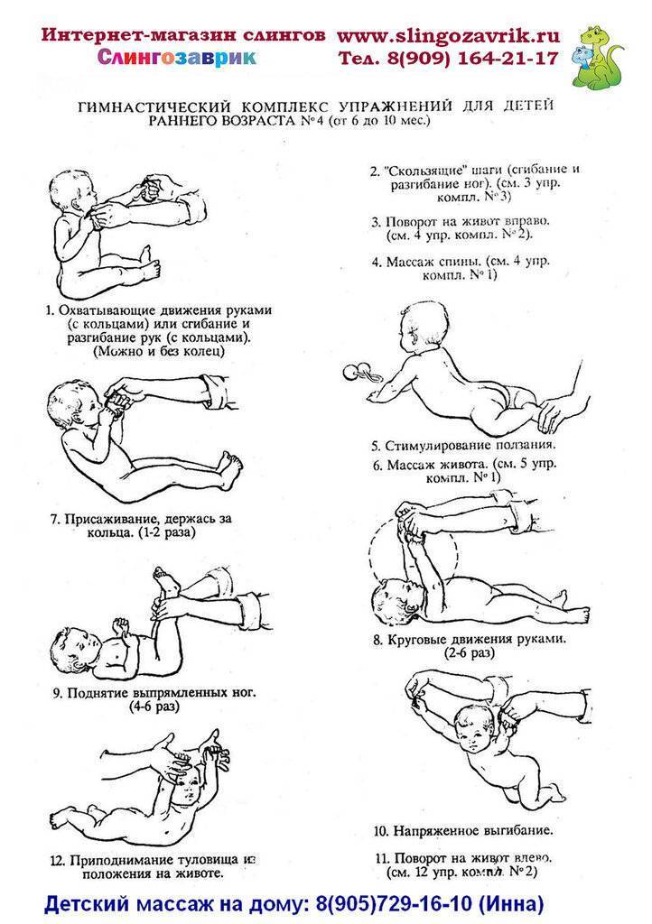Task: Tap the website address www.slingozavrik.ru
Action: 448,36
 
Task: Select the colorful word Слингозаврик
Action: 177,58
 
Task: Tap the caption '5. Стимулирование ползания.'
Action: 463,446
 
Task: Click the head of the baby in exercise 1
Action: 73,190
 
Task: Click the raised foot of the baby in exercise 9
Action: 167,580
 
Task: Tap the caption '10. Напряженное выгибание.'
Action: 463,831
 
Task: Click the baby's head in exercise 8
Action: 394,600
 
